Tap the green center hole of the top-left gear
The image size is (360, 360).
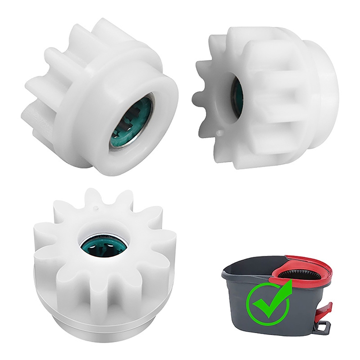[x=131, y=122]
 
